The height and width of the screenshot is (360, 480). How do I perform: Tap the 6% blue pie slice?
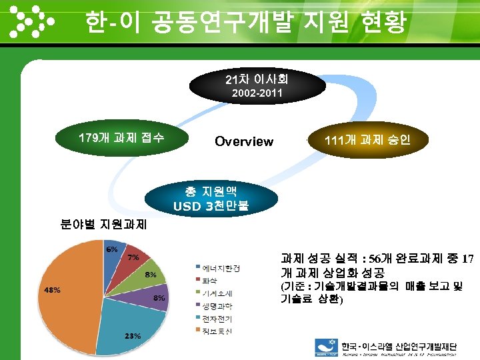(112, 252)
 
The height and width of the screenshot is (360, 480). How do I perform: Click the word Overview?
(243, 141)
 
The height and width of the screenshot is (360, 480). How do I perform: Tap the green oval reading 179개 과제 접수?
(121, 139)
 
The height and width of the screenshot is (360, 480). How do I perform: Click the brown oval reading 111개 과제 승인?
(366, 141)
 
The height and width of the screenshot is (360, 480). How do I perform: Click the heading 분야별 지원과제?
(104, 225)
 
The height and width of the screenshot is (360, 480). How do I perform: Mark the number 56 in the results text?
(375, 259)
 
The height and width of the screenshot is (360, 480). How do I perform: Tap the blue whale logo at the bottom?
(326, 347)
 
